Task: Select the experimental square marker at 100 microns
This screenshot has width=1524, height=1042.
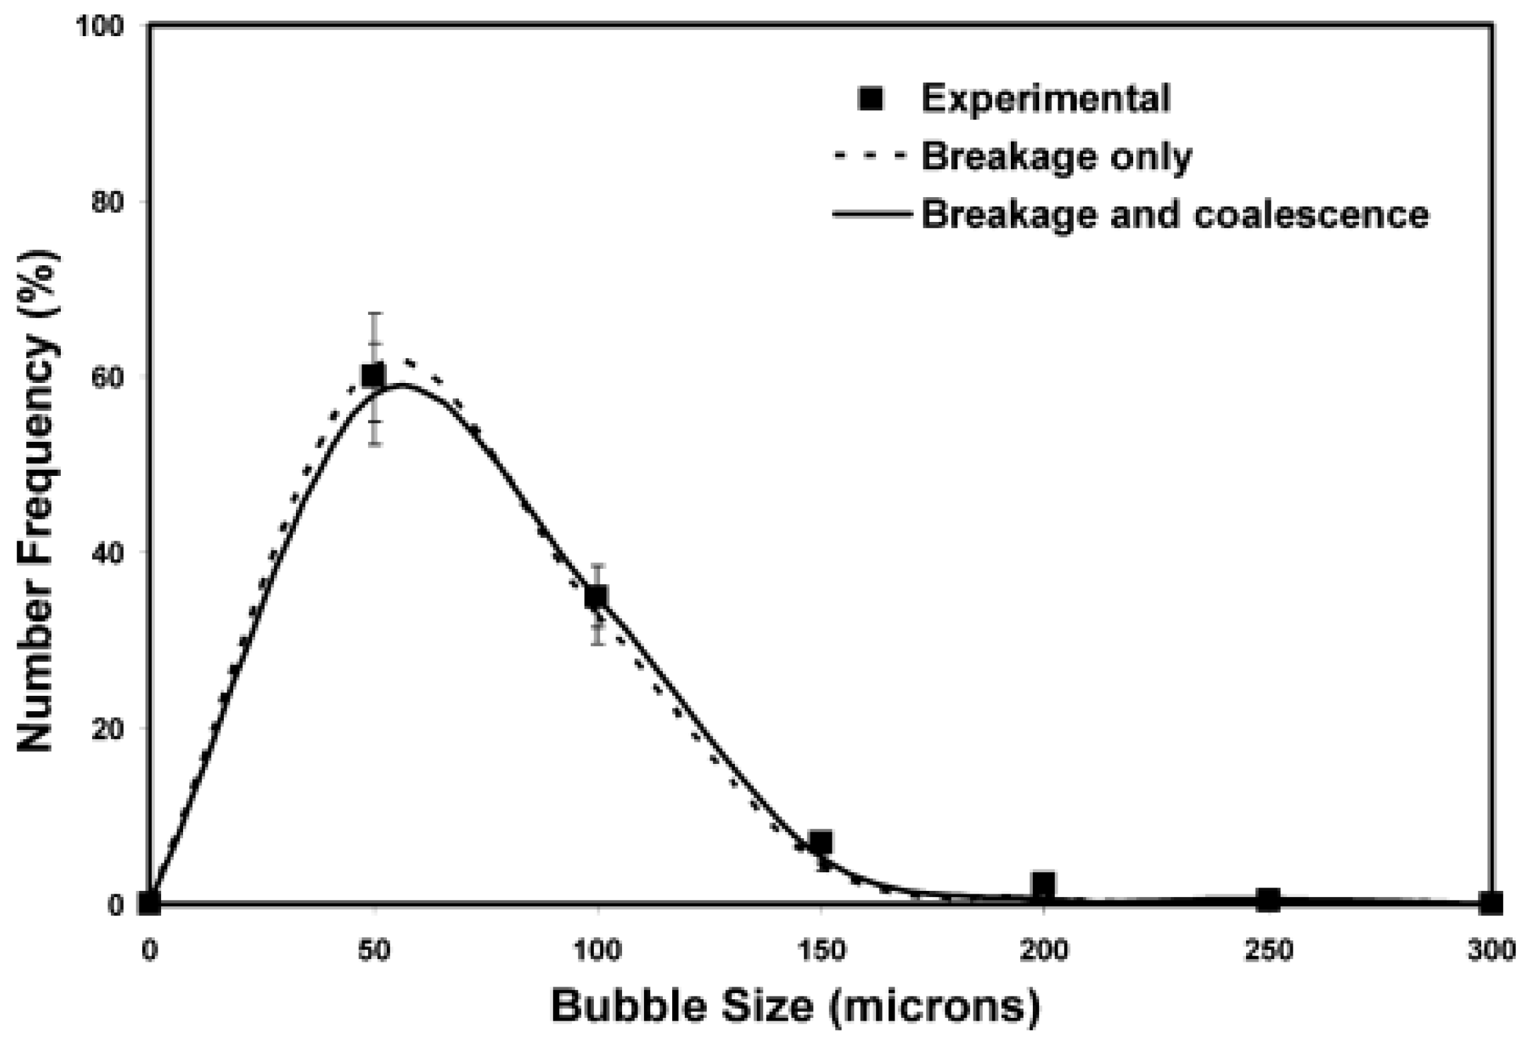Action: tap(596, 596)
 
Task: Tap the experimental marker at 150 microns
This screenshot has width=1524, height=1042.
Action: tap(820, 842)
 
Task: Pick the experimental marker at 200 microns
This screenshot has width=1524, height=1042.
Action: tap(1043, 884)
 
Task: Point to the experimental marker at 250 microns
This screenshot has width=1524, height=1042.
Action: tap(1267, 900)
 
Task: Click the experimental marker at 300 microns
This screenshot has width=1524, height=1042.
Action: tap(1491, 903)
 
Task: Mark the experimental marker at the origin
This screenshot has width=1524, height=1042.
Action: tap(150, 903)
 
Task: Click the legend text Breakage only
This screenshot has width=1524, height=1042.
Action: tap(1056, 157)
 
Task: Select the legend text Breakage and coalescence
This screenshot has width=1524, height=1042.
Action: tap(1175, 215)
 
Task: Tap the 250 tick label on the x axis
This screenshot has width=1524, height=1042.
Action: tap(1267, 951)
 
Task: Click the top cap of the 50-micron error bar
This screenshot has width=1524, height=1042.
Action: tap(375, 313)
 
